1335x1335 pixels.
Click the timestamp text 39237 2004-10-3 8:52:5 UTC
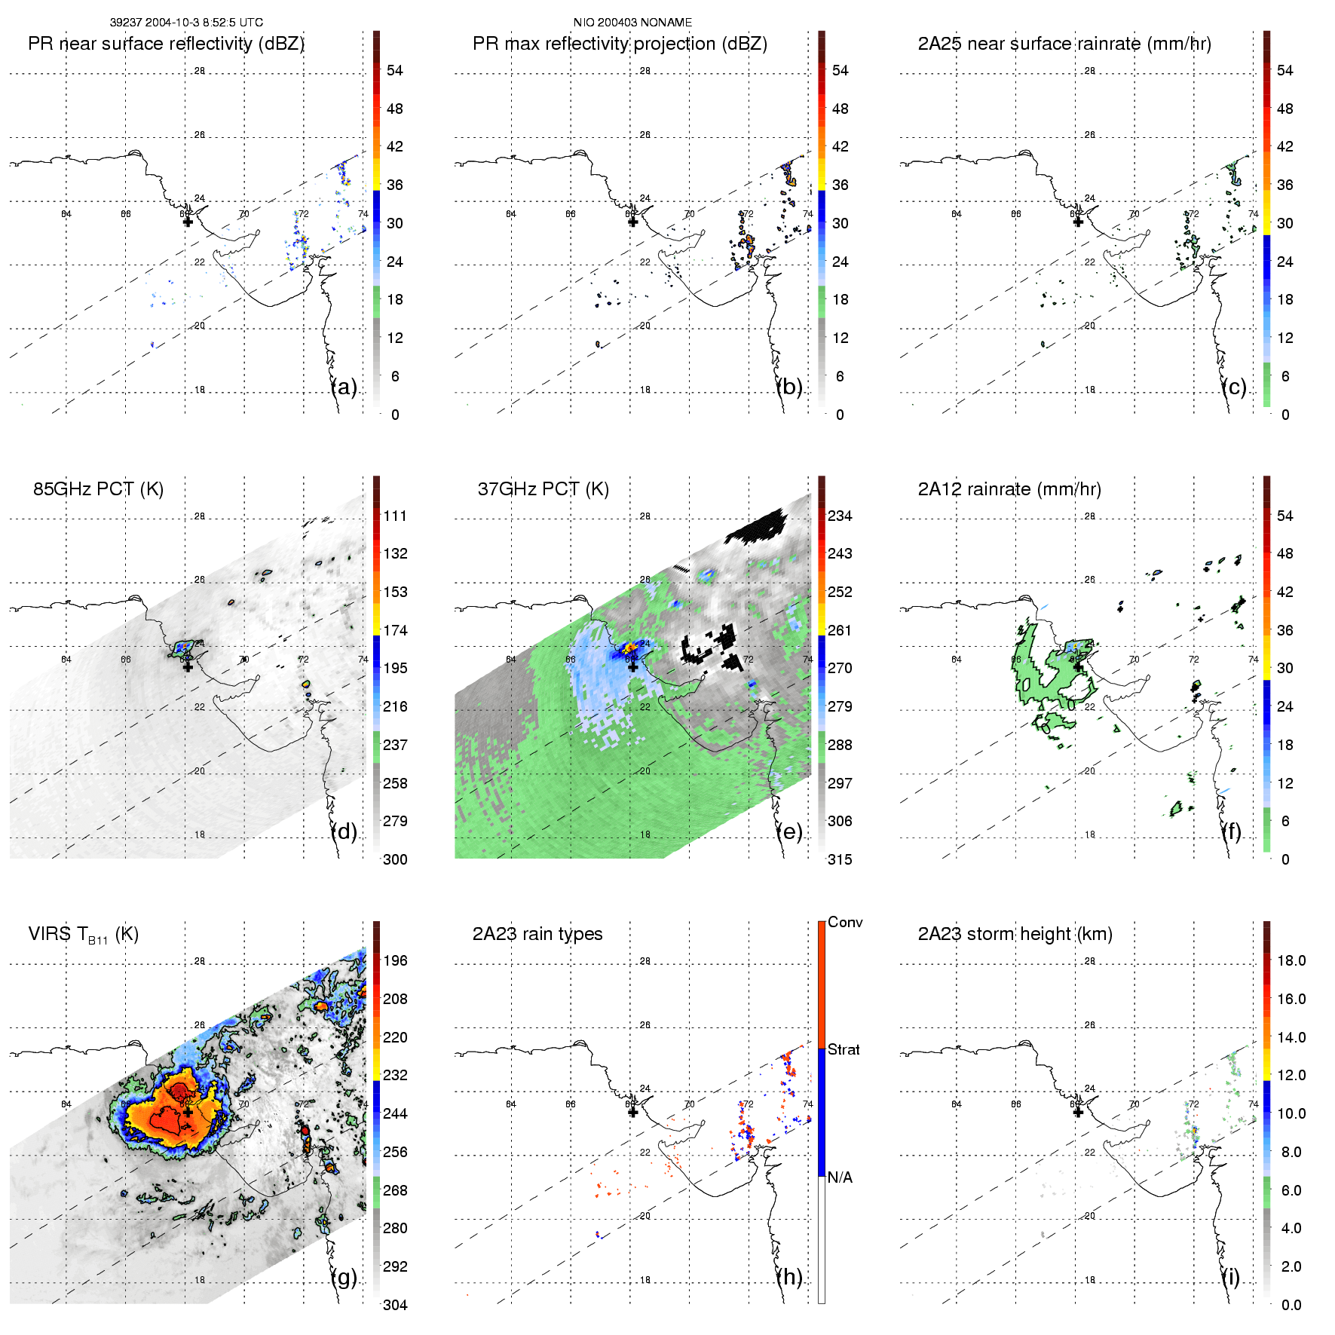186,23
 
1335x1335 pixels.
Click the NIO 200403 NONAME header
632,23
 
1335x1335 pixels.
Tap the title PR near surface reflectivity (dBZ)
166,44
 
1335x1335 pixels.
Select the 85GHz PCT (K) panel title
98,489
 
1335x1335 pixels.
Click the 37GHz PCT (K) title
543,489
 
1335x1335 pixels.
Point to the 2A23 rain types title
537,934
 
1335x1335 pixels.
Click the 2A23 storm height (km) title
1015,934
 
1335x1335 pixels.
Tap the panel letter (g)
344,1277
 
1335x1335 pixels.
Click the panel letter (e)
789,831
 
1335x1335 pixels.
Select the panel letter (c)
1234,387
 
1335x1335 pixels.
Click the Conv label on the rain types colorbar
845,922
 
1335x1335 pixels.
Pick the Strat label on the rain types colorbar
844,1049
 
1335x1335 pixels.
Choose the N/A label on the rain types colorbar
840,1177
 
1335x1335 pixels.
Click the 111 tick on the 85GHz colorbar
395,516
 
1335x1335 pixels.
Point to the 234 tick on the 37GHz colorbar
840,516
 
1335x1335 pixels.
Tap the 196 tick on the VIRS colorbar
395,960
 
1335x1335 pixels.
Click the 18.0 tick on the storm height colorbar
1291,960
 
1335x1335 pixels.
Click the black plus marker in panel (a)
188,222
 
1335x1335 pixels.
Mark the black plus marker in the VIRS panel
188,1112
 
